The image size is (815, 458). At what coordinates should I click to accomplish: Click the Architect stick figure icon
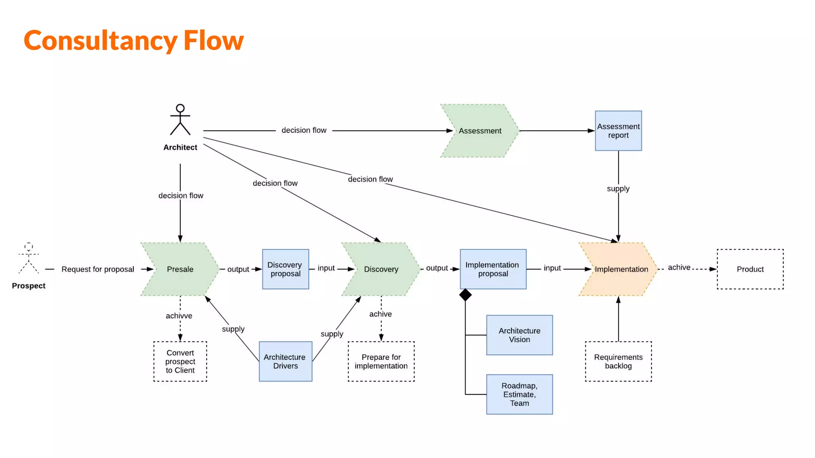[x=180, y=120]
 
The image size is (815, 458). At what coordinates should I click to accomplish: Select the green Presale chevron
[x=180, y=269]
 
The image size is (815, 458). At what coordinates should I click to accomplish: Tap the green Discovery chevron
[x=381, y=269]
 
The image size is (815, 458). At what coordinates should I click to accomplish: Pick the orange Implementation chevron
[x=619, y=269]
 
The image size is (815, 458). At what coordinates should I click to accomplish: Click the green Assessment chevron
[x=480, y=131]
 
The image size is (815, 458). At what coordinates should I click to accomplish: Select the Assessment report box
[x=618, y=131]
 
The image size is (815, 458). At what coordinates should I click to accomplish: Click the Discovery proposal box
[x=285, y=269]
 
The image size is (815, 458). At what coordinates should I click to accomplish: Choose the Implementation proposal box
[x=493, y=269]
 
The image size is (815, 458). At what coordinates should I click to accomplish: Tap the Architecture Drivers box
[x=285, y=361]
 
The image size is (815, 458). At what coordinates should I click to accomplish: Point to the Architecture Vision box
[x=519, y=335]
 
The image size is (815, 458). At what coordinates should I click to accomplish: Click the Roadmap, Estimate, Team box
[x=519, y=394]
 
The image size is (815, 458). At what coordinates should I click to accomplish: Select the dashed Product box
[x=750, y=269]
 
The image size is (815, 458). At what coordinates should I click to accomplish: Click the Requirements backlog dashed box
[x=618, y=361]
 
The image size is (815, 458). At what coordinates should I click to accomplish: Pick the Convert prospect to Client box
[x=180, y=361]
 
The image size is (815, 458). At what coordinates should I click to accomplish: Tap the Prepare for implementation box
[x=381, y=361]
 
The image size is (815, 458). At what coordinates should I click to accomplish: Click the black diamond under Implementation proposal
[x=465, y=295]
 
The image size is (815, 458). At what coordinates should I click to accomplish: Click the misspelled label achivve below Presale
[x=179, y=316]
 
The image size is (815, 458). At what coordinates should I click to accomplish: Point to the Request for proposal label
[x=97, y=269]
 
